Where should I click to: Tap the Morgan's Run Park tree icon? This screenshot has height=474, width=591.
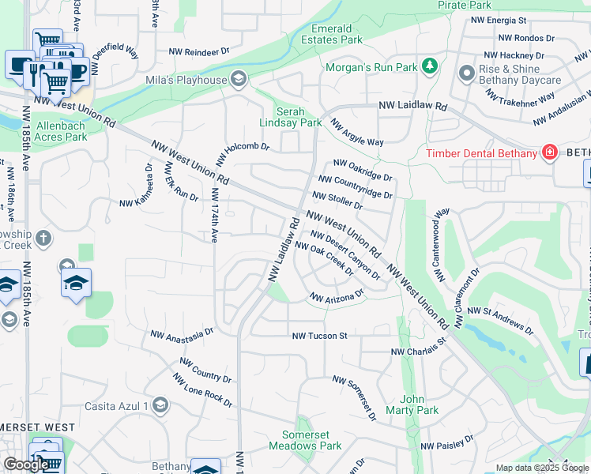click(x=430, y=66)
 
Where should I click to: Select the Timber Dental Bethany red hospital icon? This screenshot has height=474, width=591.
click(x=548, y=152)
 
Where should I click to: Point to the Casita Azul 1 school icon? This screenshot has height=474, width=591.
click(x=160, y=406)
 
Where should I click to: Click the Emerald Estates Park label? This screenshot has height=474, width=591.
click(x=332, y=34)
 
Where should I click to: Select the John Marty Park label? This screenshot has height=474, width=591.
click(x=419, y=404)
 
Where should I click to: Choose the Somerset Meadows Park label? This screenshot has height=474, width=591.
click(x=312, y=440)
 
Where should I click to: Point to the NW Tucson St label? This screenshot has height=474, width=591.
click(x=319, y=336)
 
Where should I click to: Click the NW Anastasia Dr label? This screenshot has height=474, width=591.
click(x=183, y=336)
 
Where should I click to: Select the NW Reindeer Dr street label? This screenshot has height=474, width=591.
click(x=199, y=51)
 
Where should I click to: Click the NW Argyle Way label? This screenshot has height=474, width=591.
click(x=356, y=133)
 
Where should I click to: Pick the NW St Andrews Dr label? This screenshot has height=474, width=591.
click(x=499, y=320)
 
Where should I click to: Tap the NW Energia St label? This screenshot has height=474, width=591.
click(x=498, y=20)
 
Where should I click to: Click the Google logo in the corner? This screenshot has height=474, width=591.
click(x=26, y=464)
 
